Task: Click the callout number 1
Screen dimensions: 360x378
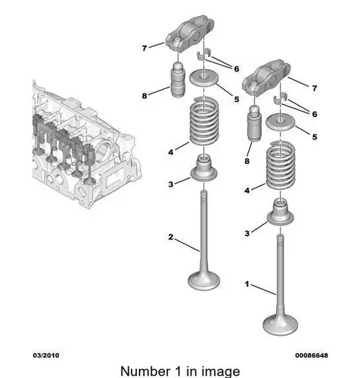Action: (x=247, y=284)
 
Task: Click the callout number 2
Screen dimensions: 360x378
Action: (x=171, y=237)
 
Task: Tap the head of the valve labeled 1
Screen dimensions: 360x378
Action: (x=280, y=325)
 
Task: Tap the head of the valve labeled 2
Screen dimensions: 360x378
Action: (x=204, y=280)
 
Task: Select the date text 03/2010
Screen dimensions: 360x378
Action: (x=46, y=355)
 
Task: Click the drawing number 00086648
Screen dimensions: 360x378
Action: (x=312, y=355)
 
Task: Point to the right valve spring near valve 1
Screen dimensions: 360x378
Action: (x=281, y=166)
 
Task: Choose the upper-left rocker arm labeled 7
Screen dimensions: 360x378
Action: (x=190, y=34)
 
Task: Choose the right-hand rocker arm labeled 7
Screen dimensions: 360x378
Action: (x=266, y=78)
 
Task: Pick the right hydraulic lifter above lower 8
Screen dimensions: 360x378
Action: (x=255, y=123)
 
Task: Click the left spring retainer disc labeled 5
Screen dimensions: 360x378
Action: (x=203, y=78)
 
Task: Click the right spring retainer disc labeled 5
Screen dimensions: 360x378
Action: (x=281, y=122)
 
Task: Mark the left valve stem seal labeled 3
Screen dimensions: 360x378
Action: (x=203, y=169)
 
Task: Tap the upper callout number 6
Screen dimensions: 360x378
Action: (x=237, y=69)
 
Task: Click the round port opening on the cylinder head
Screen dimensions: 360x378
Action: (x=103, y=152)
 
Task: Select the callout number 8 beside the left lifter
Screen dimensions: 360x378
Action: (x=144, y=96)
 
